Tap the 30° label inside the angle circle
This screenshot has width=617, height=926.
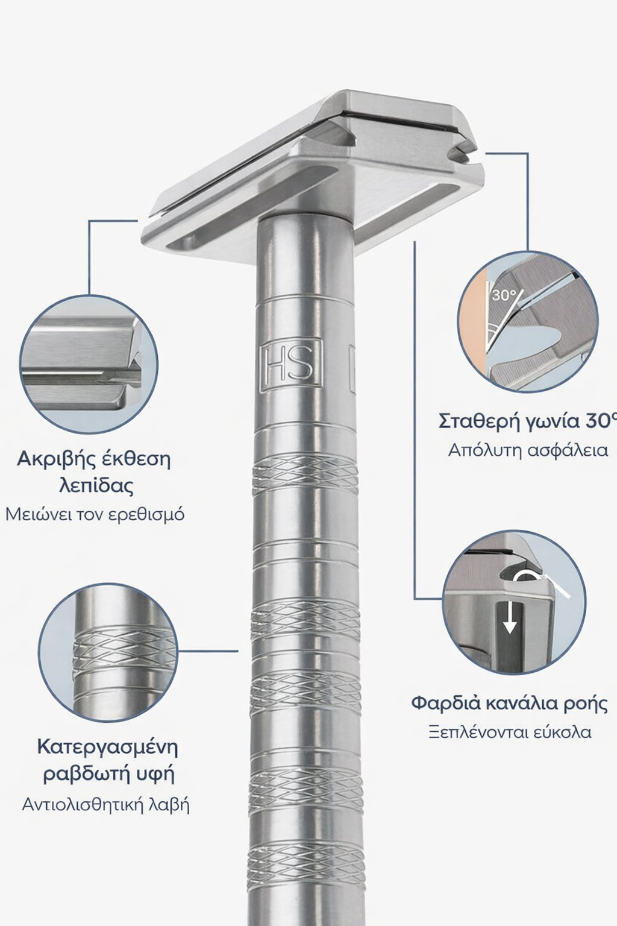click(x=504, y=295)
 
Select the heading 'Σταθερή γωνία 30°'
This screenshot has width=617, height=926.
click(x=527, y=421)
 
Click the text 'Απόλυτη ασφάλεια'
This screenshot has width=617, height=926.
click(x=528, y=450)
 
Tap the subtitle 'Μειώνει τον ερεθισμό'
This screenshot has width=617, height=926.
click(x=95, y=515)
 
